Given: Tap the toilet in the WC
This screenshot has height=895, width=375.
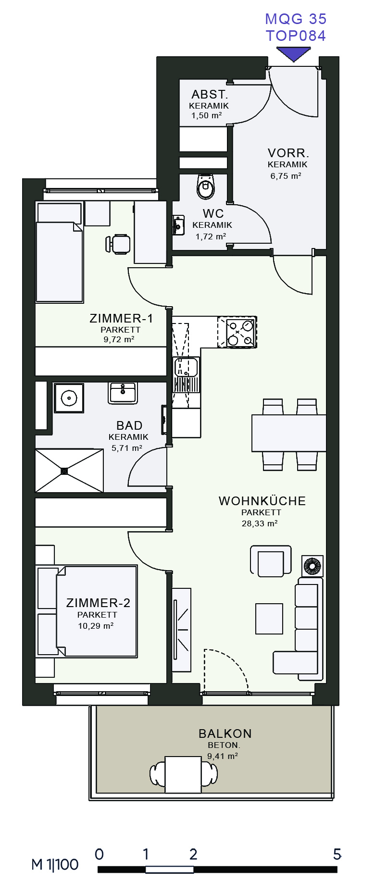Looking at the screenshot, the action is tap(206, 186).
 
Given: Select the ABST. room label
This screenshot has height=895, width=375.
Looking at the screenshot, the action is tap(210, 94).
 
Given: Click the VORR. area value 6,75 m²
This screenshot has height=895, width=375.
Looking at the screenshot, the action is tap(286, 176).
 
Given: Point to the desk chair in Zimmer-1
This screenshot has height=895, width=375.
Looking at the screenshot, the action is tap(118, 244).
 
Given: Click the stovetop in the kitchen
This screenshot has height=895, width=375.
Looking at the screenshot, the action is tap(237, 332).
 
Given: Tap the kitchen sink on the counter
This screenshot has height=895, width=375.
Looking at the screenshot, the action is tap(186, 367).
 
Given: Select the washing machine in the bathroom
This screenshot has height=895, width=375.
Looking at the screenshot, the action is tap(69, 398).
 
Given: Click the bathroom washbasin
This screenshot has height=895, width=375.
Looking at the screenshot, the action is tap(123, 393).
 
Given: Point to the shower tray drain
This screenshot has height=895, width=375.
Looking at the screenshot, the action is tap(64, 471).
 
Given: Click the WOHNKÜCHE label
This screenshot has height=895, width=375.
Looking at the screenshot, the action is tap(262, 501).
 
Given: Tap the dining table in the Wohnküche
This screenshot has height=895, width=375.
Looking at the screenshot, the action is tap(289, 433).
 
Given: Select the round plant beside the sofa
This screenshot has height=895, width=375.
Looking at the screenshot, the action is tap(312, 566).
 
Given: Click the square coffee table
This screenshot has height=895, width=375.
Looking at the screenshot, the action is tap(269, 619).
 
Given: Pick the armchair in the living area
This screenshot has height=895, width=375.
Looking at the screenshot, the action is tap(271, 561).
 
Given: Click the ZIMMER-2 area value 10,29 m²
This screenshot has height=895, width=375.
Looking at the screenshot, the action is tap(96, 626).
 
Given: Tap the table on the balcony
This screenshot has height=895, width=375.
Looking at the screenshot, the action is tap(183, 774).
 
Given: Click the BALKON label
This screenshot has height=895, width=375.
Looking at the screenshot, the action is tap(225, 733).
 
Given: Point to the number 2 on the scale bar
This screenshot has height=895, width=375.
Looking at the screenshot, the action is tap(193, 854).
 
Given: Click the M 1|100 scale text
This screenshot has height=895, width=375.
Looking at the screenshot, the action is tap(55, 865).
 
